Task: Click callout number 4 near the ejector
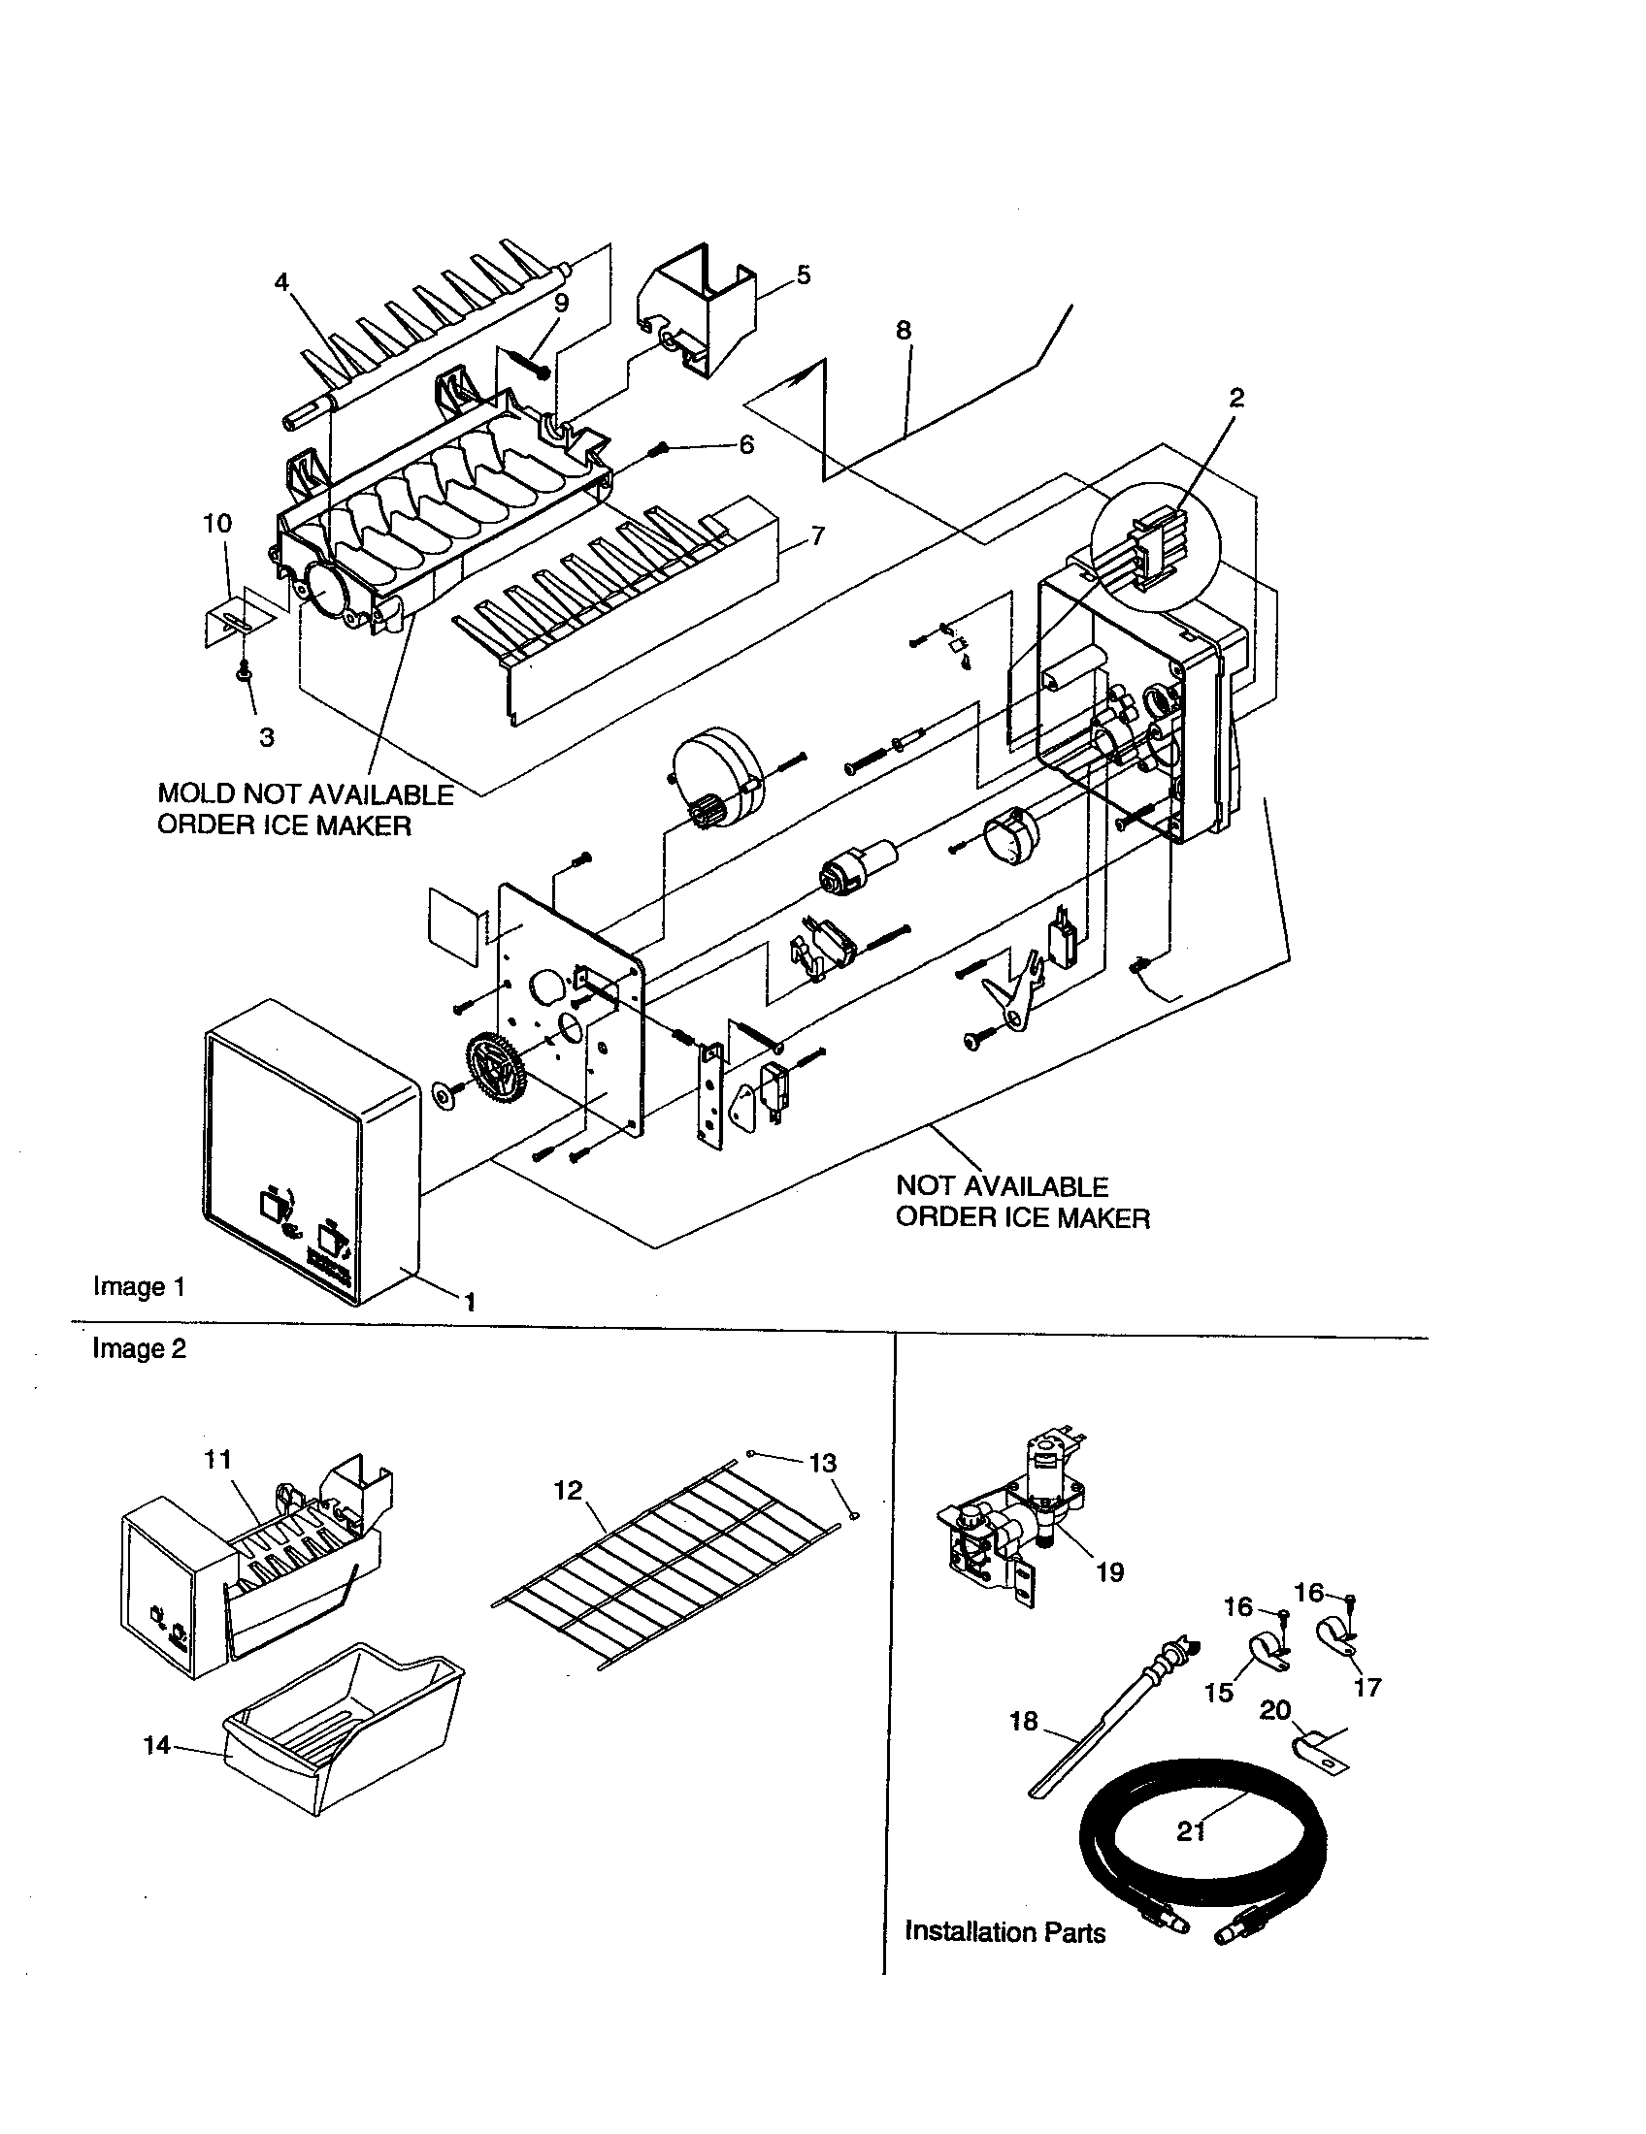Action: tap(281, 282)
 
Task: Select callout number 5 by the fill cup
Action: tap(803, 275)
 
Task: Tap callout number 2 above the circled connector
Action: tap(1236, 398)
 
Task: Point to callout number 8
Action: tap(904, 330)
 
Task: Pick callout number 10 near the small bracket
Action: tap(217, 524)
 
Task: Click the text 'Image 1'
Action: tap(139, 1286)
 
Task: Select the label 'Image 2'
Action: tap(139, 1348)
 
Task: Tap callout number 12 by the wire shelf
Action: tap(568, 1490)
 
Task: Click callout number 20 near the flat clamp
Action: tap(1275, 1710)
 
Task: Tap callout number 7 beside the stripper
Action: tap(817, 535)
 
